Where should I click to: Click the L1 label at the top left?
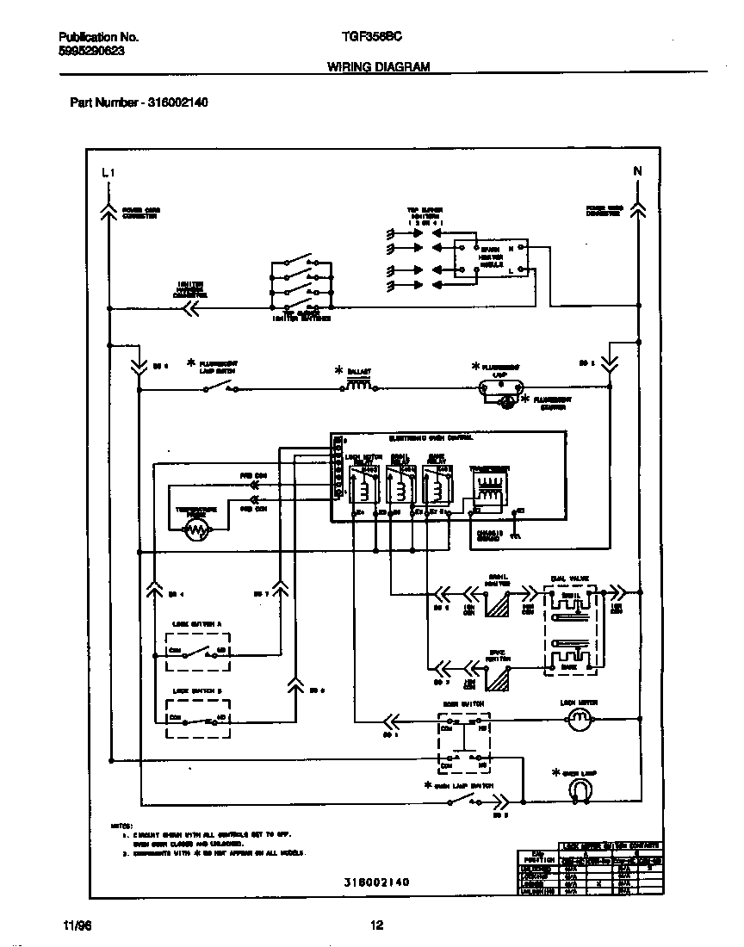click(107, 173)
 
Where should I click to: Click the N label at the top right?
click(638, 171)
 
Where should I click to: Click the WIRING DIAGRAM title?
click(378, 66)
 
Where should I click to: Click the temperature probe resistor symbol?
click(197, 531)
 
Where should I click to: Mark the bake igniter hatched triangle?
click(497, 678)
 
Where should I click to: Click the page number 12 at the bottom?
click(376, 925)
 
